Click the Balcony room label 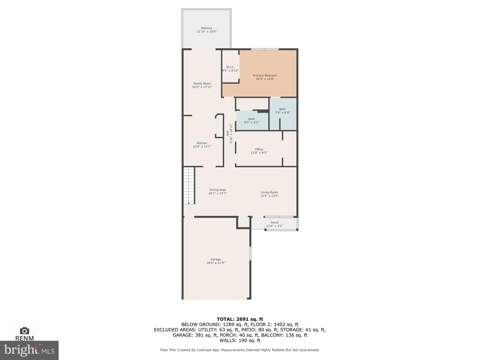coord(206,28)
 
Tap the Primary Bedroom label coord(265,75)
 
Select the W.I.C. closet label coord(230,67)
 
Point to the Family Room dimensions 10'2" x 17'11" coord(202,87)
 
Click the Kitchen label coord(202,143)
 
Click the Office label coord(259,149)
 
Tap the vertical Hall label coord(227,133)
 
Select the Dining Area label coord(217,190)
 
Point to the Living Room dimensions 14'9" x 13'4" coord(269,196)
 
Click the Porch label coord(274,223)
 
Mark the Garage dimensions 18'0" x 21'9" coord(216,263)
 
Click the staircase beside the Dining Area coord(189,186)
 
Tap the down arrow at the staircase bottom coord(189,203)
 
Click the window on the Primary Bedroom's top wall coord(265,49)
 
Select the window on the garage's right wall coord(250,253)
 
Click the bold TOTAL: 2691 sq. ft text coord(240,319)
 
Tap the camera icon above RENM coord(24,331)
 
